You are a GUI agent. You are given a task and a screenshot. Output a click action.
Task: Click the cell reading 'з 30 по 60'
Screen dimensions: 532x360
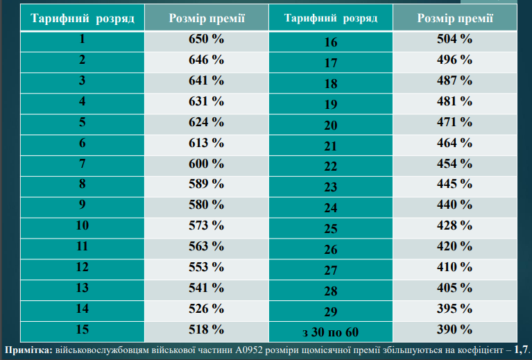(x=330, y=332)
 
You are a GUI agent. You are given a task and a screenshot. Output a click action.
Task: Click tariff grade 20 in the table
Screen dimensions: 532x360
(x=331, y=126)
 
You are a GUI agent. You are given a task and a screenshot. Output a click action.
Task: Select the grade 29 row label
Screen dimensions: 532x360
(x=331, y=312)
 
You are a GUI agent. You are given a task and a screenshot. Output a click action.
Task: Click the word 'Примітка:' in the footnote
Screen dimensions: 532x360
(x=29, y=350)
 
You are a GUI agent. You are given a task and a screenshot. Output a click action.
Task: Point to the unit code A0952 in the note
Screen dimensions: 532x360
(x=249, y=350)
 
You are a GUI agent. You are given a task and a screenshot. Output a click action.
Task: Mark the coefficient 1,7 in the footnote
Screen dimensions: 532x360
(x=521, y=350)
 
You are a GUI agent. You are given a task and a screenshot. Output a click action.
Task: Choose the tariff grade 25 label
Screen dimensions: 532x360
(x=331, y=229)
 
